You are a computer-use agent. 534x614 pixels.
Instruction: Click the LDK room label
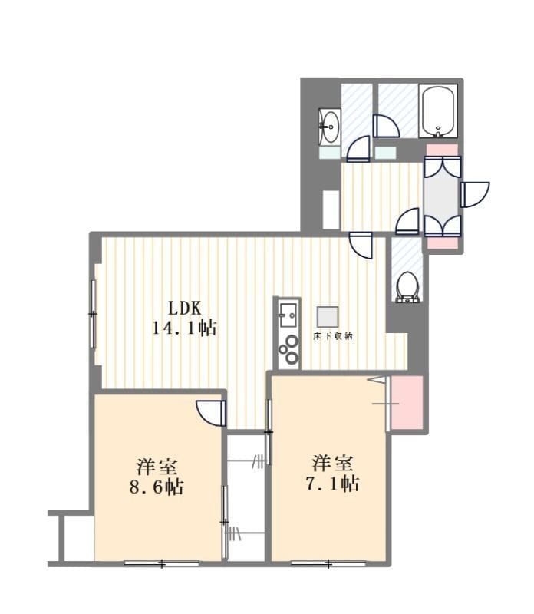point(184,309)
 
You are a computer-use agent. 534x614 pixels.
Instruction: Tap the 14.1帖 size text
point(184,328)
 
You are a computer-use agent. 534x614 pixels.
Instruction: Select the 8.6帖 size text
point(157,487)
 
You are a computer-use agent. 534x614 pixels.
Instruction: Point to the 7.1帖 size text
point(332,484)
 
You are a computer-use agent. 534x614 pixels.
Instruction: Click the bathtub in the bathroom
point(437,111)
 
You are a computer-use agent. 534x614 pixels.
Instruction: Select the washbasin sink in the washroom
point(330,127)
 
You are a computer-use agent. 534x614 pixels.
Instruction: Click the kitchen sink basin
point(288,315)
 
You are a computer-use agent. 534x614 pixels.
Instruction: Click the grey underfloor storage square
point(328,317)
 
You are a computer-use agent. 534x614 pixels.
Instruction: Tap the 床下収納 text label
point(332,336)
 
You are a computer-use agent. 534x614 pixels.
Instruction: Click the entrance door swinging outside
point(474,195)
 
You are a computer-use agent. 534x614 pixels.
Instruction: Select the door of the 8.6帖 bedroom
point(212,413)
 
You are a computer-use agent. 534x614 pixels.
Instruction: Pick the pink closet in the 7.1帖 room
point(407,403)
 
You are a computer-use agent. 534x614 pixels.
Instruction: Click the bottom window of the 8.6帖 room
point(162,563)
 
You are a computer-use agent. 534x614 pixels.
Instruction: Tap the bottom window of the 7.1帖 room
point(328,563)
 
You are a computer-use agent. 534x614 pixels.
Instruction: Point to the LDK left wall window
point(93,314)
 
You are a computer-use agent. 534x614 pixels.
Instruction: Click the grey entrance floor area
point(442,196)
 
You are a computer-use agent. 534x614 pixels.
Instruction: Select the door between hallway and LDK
point(360,245)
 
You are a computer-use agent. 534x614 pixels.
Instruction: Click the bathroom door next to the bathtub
point(386,126)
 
